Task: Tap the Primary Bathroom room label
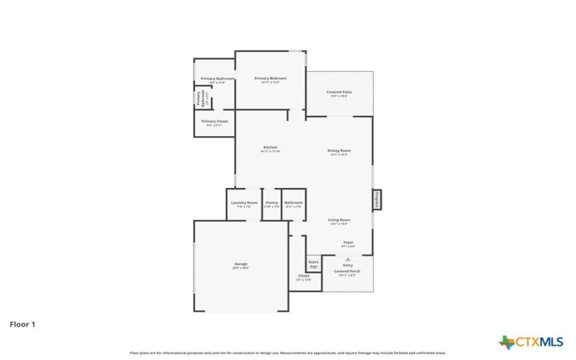212,78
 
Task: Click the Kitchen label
270,148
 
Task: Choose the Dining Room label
338,150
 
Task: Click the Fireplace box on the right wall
376,199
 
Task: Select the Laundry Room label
244,203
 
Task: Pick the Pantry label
271,203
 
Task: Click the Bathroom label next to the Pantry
293,203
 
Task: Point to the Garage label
240,264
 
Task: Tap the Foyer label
348,243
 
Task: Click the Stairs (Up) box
314,264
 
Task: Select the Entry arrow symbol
348,258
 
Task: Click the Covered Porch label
348,271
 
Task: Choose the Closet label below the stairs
303,276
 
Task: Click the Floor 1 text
22,325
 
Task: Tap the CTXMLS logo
531,341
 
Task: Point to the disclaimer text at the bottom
288,354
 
